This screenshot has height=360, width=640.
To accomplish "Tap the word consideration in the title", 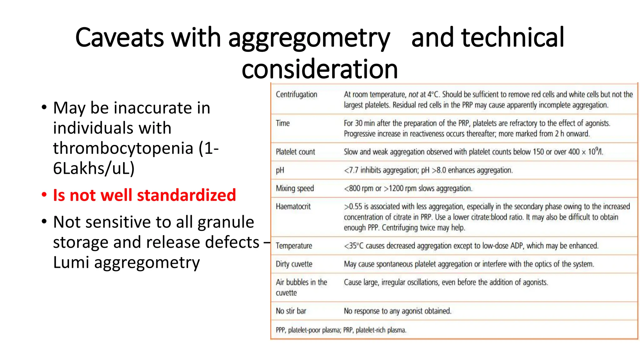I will point(319,69).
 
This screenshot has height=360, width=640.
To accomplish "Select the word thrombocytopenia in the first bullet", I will point(123,148).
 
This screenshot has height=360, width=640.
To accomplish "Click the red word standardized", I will point(186,195).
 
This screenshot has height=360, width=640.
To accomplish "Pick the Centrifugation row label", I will point(296,94).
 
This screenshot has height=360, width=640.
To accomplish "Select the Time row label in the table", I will point(282,123).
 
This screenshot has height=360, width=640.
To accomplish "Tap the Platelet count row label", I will point(295,152).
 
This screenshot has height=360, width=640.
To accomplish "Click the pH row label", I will point(280,170).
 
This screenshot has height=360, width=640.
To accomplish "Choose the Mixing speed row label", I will point(295,188).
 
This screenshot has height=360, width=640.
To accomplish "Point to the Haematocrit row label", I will point(293,207).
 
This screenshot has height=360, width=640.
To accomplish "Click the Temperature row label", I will point(294,246).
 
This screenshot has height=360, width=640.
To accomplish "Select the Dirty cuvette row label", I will point(294,264).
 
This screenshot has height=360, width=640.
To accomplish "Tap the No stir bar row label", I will point(291,311).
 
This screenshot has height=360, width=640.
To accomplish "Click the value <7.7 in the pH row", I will point(351,170).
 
